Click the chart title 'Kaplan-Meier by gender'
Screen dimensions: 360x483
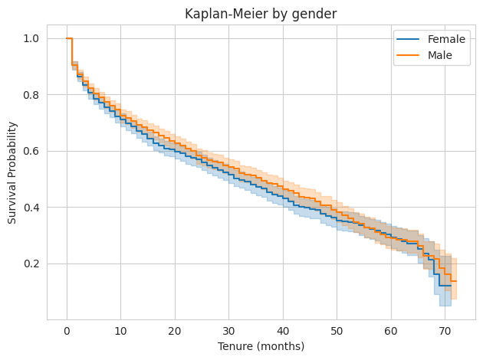click(261, 13)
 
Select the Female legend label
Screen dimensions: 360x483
click(445, 39)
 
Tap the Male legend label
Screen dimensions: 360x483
click(441, 55)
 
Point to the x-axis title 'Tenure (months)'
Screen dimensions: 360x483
click(261, 346)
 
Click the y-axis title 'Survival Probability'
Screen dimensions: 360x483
click(12, 172)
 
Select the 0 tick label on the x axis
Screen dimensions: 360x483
click(67, 331)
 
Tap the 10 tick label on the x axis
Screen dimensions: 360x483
click(120, 331)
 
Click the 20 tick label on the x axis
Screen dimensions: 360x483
click(175, 331)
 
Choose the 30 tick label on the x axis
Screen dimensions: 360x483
click(228, 331)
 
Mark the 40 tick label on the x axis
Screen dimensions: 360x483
click(283, 331)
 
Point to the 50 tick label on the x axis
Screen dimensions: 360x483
click(337, 331)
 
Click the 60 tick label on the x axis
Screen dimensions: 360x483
click(391, 331)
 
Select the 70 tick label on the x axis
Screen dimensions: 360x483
click(445, 331)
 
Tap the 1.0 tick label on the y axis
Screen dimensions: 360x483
click(33, 38)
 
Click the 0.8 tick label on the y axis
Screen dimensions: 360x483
click(33, 95)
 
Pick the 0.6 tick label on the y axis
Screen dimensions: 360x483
click(33, 151)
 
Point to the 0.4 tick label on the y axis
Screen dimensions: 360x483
click(33, 208)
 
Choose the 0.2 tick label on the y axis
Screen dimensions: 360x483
click(33, 263)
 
